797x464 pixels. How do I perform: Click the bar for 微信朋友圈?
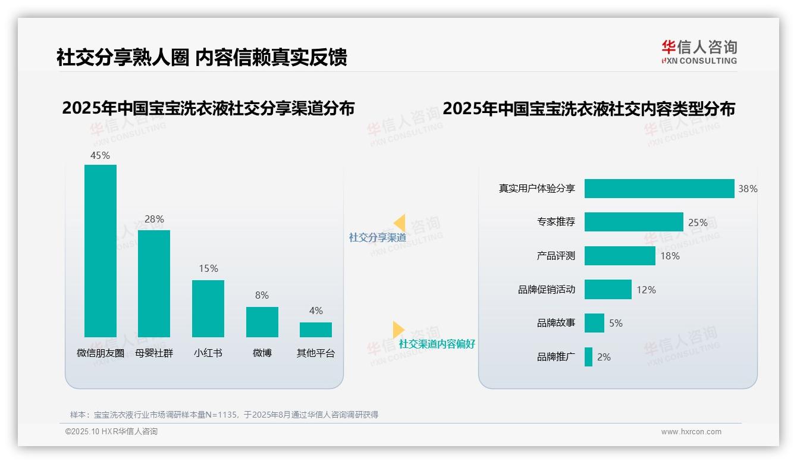[101, 250]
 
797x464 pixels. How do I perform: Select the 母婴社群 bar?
[154, 283]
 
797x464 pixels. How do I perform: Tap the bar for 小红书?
[208, 308]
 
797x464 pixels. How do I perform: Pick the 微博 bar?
[262, 322]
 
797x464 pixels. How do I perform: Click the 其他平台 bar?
[316, 330]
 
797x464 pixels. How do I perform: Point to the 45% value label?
[100, 155]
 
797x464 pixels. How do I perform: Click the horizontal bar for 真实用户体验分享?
[659, 189]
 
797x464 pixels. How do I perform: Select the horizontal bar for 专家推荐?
[633, 222]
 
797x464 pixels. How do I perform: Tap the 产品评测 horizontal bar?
[620, 256]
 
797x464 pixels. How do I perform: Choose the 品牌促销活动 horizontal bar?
[608, 290]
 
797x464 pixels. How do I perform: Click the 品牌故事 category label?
[556, 323]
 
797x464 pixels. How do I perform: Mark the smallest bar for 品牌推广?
[588, 357]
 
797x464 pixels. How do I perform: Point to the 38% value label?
[748, 189]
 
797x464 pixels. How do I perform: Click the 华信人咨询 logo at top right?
[699, 52]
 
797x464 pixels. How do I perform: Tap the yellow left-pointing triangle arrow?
[399, 223]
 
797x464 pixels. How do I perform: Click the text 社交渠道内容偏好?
[437, 344]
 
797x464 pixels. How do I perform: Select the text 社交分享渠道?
[378, 237]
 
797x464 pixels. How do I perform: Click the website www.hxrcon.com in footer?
[691, 432]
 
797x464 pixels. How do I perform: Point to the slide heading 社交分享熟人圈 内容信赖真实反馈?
[202, 57]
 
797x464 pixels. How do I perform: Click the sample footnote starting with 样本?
[224, 415]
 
